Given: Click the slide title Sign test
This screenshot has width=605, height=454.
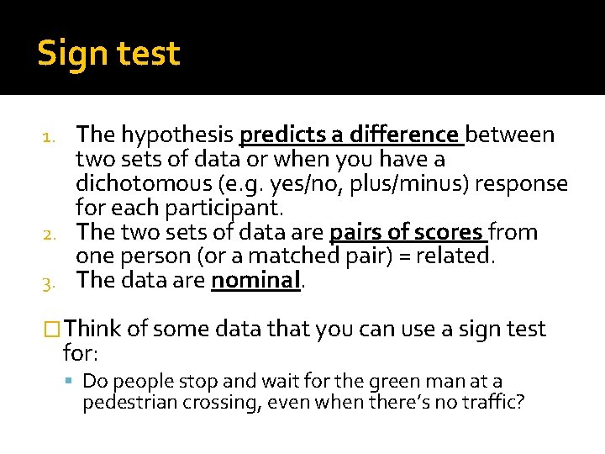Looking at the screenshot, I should [108, 54].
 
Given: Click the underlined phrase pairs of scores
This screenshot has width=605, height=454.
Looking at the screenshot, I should [408, 232].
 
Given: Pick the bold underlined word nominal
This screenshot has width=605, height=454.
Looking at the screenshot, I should [255, 281].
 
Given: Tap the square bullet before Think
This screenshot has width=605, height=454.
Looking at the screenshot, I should [55, 330].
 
